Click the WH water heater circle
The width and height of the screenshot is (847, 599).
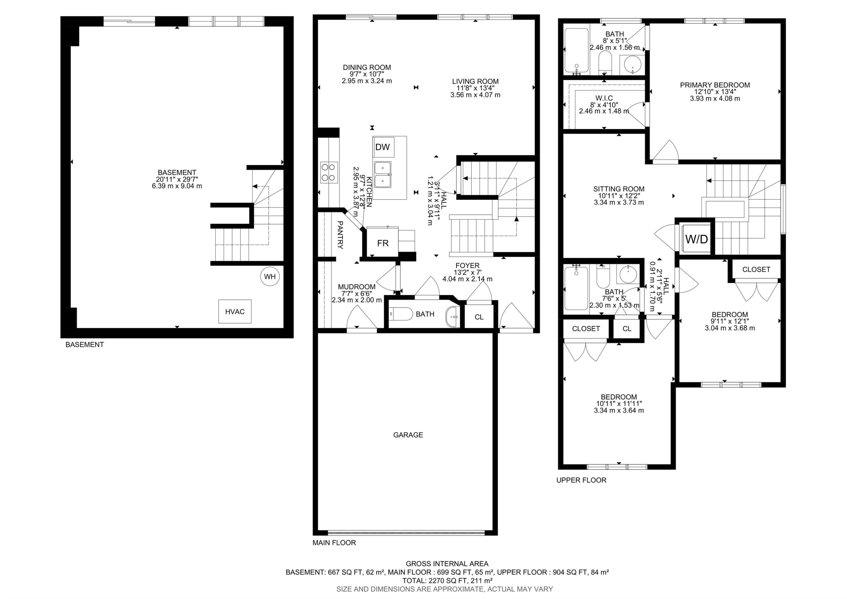tap(270, 277)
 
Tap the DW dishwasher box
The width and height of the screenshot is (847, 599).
tap(383, 147)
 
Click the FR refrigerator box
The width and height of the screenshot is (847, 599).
tap(383, 243)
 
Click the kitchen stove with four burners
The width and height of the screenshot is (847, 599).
tap(329, 172)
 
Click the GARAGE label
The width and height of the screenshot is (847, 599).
tap(408, 435)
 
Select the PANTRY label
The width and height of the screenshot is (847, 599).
tap(340, 235)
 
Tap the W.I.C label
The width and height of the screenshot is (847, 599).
tap(604, 98)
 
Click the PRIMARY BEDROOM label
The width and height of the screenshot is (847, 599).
tap(715, 85)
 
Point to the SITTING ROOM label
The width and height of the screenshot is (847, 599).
tap(619, 189)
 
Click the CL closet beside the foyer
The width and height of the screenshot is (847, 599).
tap(479, 317)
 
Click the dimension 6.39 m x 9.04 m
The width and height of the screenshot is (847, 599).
tap(177, 186)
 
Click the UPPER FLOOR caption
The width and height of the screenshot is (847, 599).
tap(581, 480)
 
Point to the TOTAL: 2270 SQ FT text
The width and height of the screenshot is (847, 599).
tap(447, 581)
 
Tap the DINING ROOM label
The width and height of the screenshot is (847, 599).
tap(367, 67)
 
